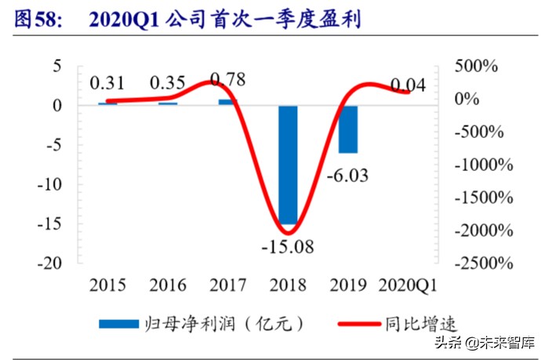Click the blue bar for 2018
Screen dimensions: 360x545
288,165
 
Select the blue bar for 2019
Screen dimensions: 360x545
348,129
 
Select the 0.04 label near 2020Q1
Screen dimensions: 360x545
408,84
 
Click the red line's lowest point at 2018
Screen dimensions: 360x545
288,233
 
